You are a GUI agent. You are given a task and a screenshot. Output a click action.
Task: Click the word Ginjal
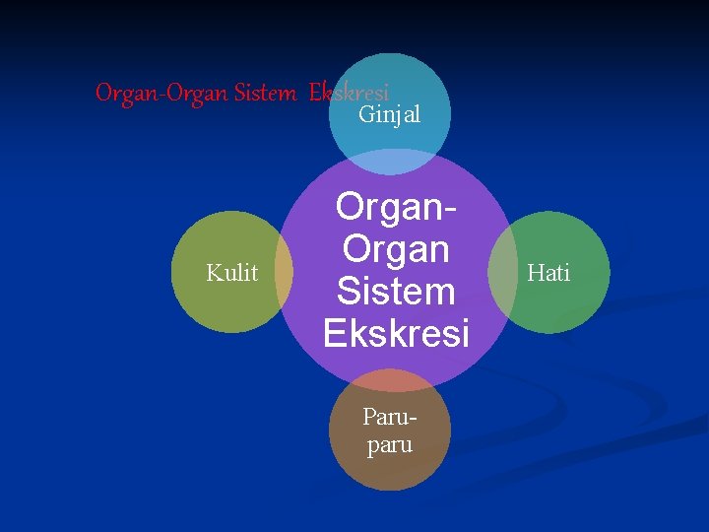click(x=389, y=115)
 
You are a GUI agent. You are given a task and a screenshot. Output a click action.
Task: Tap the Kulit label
click(x=232, y=273)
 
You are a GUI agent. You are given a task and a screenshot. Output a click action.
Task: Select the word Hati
click(x=548, y=273)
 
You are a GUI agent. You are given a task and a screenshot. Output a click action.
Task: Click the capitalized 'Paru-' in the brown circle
click(x=389, y=424)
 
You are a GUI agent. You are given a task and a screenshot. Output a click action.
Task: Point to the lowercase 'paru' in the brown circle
click(x=389, y=445)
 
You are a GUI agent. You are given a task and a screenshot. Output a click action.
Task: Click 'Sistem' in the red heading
click(x=266, y=94)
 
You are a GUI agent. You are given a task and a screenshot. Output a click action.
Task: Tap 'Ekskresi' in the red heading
click(x=349, y=93)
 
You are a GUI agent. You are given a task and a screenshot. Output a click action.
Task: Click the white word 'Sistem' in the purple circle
click(x=395, y=292)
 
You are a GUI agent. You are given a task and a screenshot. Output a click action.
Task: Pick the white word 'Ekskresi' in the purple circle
click(x=396, y=334)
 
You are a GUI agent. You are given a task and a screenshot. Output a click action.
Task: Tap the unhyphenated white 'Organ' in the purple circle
click(x=395, y=249)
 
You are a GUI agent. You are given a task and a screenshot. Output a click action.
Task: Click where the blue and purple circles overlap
click(x=389, y=162)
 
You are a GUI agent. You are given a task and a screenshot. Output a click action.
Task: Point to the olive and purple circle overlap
click(x=283, y=272)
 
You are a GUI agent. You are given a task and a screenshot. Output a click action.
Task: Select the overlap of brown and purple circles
click(x=389, y=380)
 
